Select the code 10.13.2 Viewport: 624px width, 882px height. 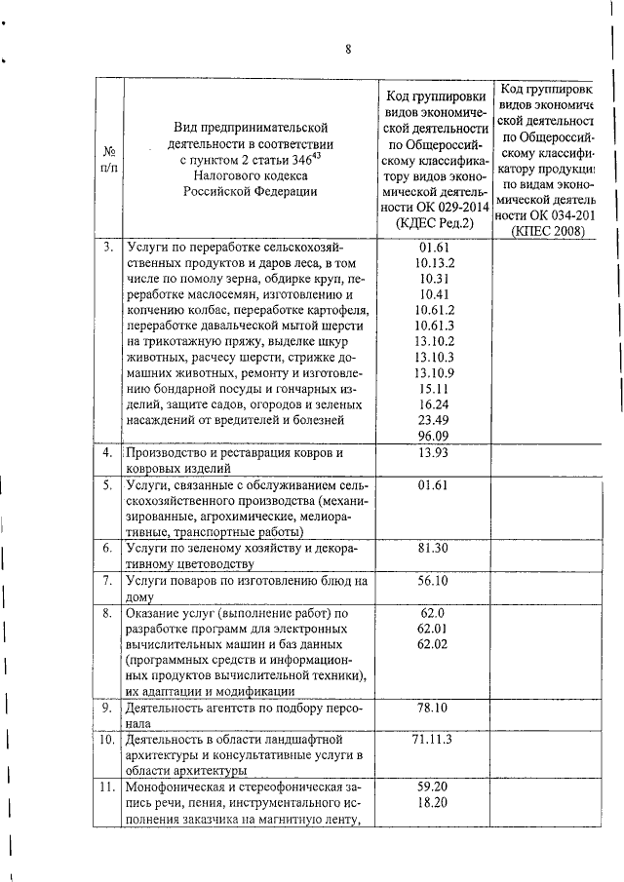[x=431, y=263]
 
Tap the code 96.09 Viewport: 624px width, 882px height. [x=431, y=436]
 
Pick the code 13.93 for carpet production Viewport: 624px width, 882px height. [x=431, y=454]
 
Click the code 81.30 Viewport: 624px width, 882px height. [x=431, y=550]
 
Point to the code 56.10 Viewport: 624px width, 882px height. [x=431, y=581]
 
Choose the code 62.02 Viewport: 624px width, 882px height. [x=431, y=644]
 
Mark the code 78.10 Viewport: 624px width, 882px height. [x=431, y=709]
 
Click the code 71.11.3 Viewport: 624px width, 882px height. [x=431, y=741]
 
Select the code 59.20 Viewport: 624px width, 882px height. [x=431, y=787]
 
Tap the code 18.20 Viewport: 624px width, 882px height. [x=431, y=803]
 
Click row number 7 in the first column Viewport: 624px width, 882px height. [x=108, y=582]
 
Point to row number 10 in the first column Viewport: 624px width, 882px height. [x=107, y=741]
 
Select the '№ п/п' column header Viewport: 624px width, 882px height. [x=108, y=161]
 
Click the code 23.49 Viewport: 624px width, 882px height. [x=431, y=419]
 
